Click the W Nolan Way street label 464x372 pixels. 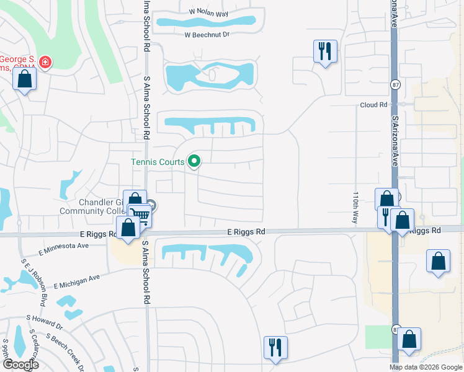tap(210, 12)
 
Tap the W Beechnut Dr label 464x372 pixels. tap(207, 35)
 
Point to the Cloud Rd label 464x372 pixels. tap(373, 105)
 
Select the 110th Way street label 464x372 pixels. tap(356, 207)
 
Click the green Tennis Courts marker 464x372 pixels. tap(194, 162)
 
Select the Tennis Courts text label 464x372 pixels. tap(158, 162)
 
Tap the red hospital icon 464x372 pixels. tap(45, 63)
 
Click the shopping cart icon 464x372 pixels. tap(141, 216)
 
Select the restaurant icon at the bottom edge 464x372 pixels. tap(275, 347)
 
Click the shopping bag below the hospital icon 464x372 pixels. tap(24, 79)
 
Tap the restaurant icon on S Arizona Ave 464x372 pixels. tap(386, 217)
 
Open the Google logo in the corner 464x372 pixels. tap(20, 365)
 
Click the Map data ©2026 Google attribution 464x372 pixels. tap(426, 367)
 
